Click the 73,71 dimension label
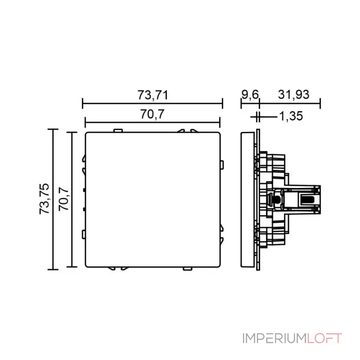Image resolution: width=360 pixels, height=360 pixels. (x=153, y=95)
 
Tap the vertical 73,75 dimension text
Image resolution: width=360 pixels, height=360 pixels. (x=45, y=198)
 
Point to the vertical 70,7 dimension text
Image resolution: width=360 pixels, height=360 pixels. (x=64, y=198)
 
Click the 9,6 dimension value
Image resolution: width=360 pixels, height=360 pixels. (x=250, y=95)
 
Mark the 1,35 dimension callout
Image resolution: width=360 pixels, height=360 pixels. (x=290, y=117)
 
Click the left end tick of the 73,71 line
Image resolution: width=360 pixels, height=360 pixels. (x=82, y=104)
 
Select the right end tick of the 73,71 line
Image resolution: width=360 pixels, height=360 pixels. (x=222, y=104)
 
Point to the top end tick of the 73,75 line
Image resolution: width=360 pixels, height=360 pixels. (x=53, y=130)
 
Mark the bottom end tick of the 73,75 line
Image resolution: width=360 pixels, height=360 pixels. (x=53, y=269)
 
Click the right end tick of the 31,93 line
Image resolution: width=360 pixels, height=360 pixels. (x=320, y=104)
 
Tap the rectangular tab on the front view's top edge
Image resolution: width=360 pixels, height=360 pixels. (x=118, y=131)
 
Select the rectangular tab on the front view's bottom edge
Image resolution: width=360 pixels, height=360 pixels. (x=187, y=269)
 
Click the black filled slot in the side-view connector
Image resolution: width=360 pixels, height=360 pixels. (x=308, y=199)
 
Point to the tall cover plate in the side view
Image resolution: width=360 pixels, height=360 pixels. (x=247, y=199)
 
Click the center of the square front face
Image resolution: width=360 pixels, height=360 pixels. (x=152, y=199)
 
